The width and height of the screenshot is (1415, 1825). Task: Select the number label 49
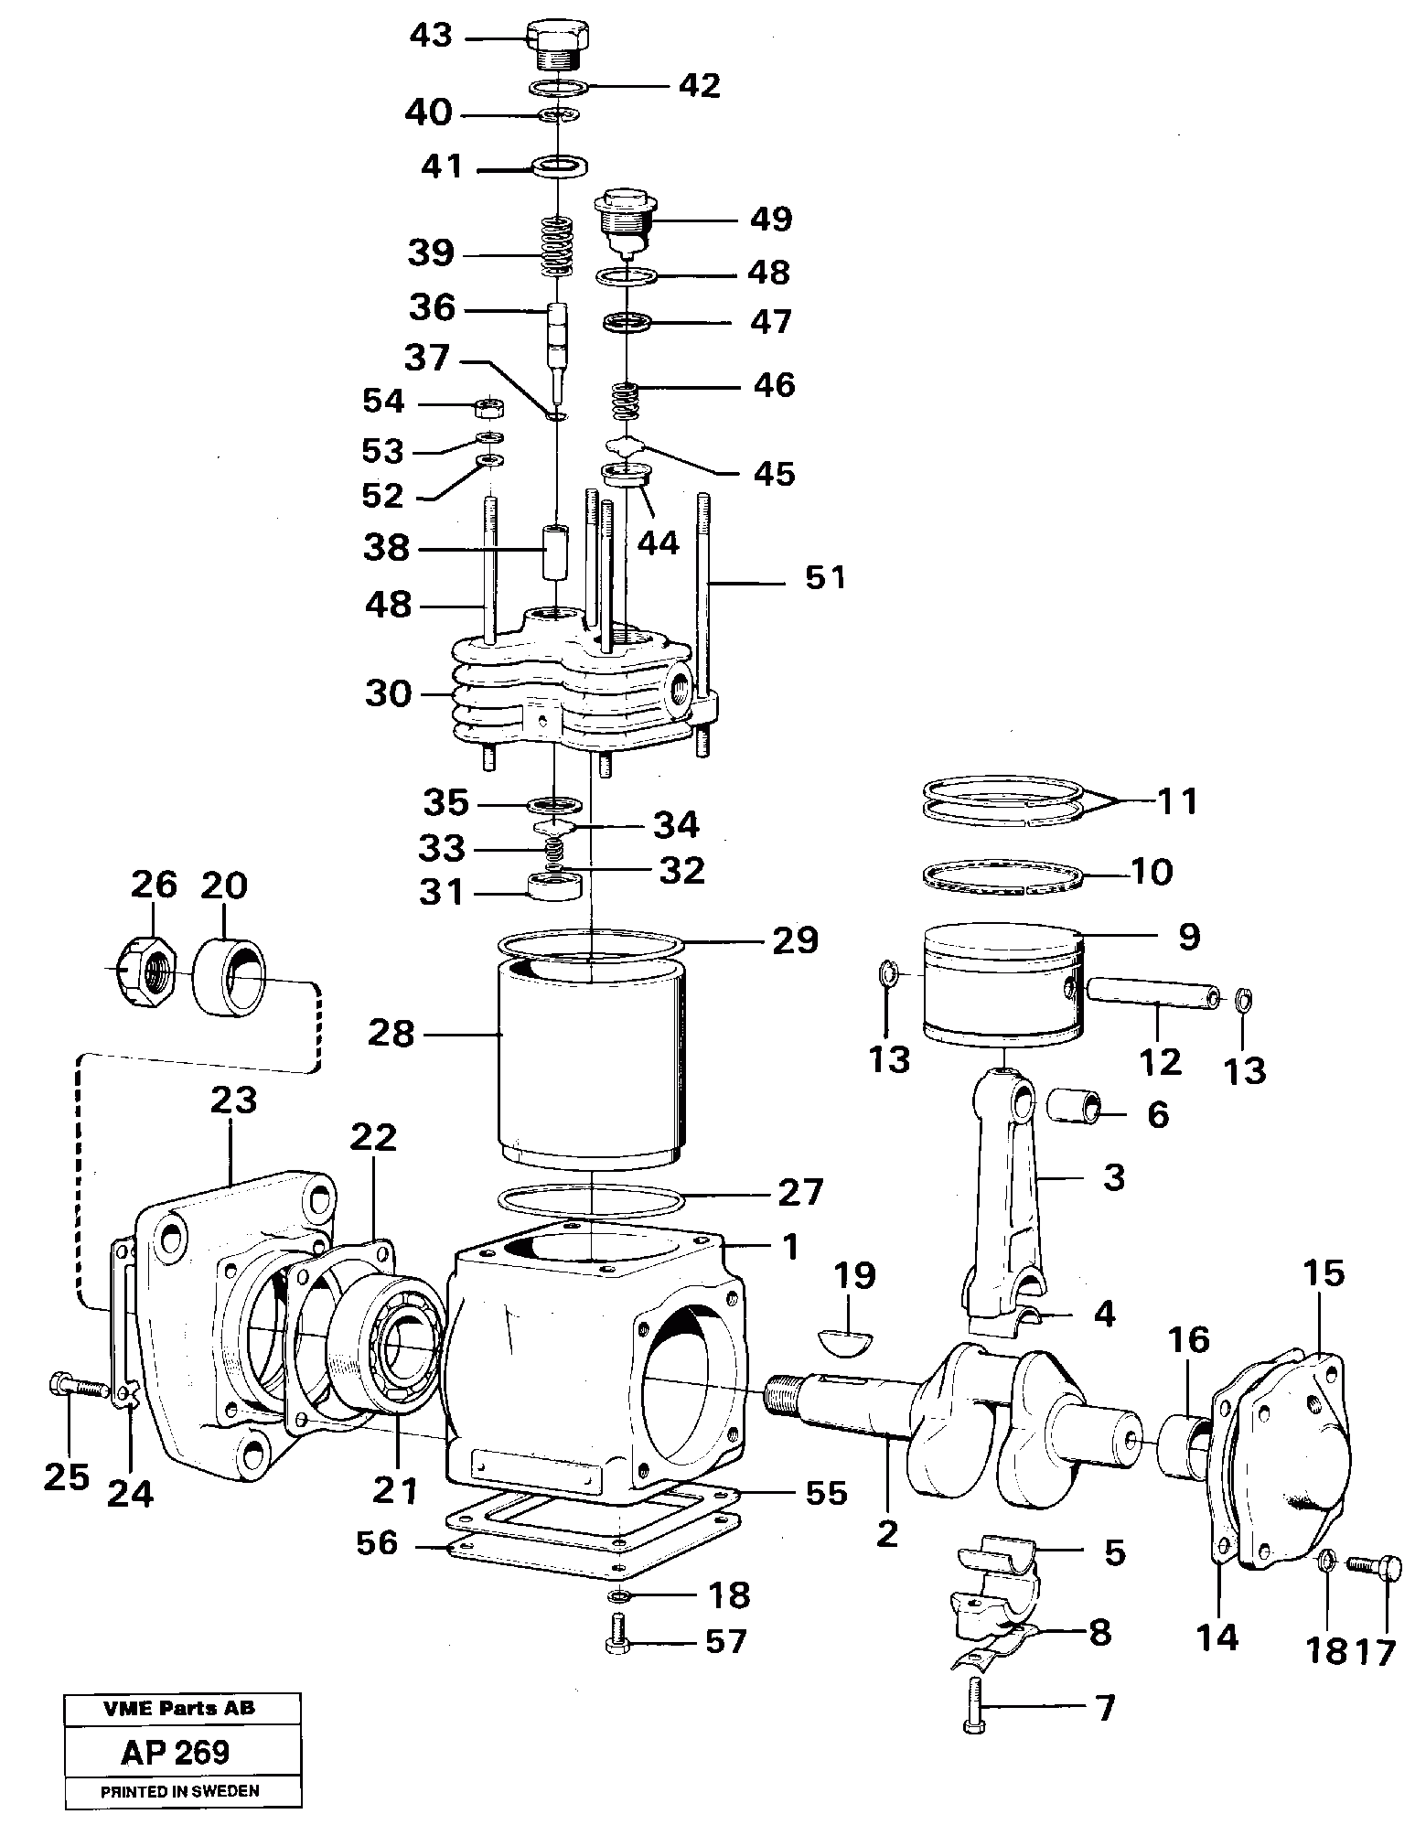coord(770,220)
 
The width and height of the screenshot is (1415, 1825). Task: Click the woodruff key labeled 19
coord(845,1340)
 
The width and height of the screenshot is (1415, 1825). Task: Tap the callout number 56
coord(378,1542)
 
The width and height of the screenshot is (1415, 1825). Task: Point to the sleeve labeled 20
coord(230,974)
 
